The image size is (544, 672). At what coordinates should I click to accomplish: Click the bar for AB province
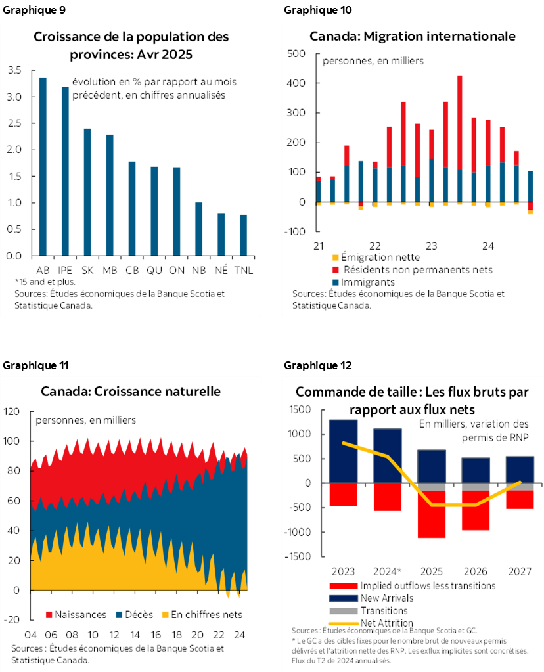[x=43, y=166]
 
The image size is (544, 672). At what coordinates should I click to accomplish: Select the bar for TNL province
[x=243, y=235]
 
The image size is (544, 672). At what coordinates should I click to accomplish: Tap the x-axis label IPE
[x=65, y=270]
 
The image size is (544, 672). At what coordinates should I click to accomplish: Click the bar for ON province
[x=177, y=211]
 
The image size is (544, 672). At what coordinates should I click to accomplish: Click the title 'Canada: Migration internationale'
[x=412, y=36]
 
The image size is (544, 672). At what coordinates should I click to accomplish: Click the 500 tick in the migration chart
[x=296, y=53]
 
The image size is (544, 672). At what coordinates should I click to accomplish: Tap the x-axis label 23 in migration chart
[x=431, y=246]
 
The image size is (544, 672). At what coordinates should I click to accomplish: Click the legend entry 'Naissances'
[x=75, y=615]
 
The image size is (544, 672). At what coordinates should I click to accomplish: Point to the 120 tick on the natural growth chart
[x=12, y=412]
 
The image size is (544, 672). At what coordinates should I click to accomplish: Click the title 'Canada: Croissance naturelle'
[x=131, y=392]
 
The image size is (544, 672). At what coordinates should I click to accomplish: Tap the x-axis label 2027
[x=519, y=571]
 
